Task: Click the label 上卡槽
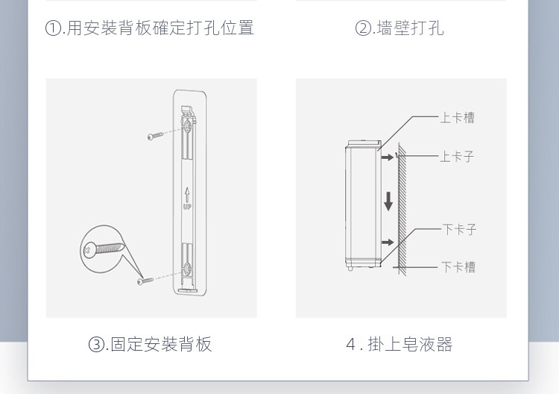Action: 457,118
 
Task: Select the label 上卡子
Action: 457,157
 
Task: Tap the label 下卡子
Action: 459,229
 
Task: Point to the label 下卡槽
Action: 458,266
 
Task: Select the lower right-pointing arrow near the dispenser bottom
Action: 387,243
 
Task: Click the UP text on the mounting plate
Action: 187,207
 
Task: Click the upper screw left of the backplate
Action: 155,137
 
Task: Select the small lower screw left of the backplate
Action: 145,281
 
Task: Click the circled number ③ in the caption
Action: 96,345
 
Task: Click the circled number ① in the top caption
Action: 53,28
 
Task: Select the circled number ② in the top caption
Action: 363,28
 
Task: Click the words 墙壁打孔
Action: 410,28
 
